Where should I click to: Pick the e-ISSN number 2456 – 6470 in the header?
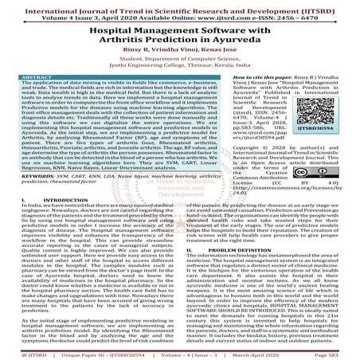pyautogui.click(x=299, y=15)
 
